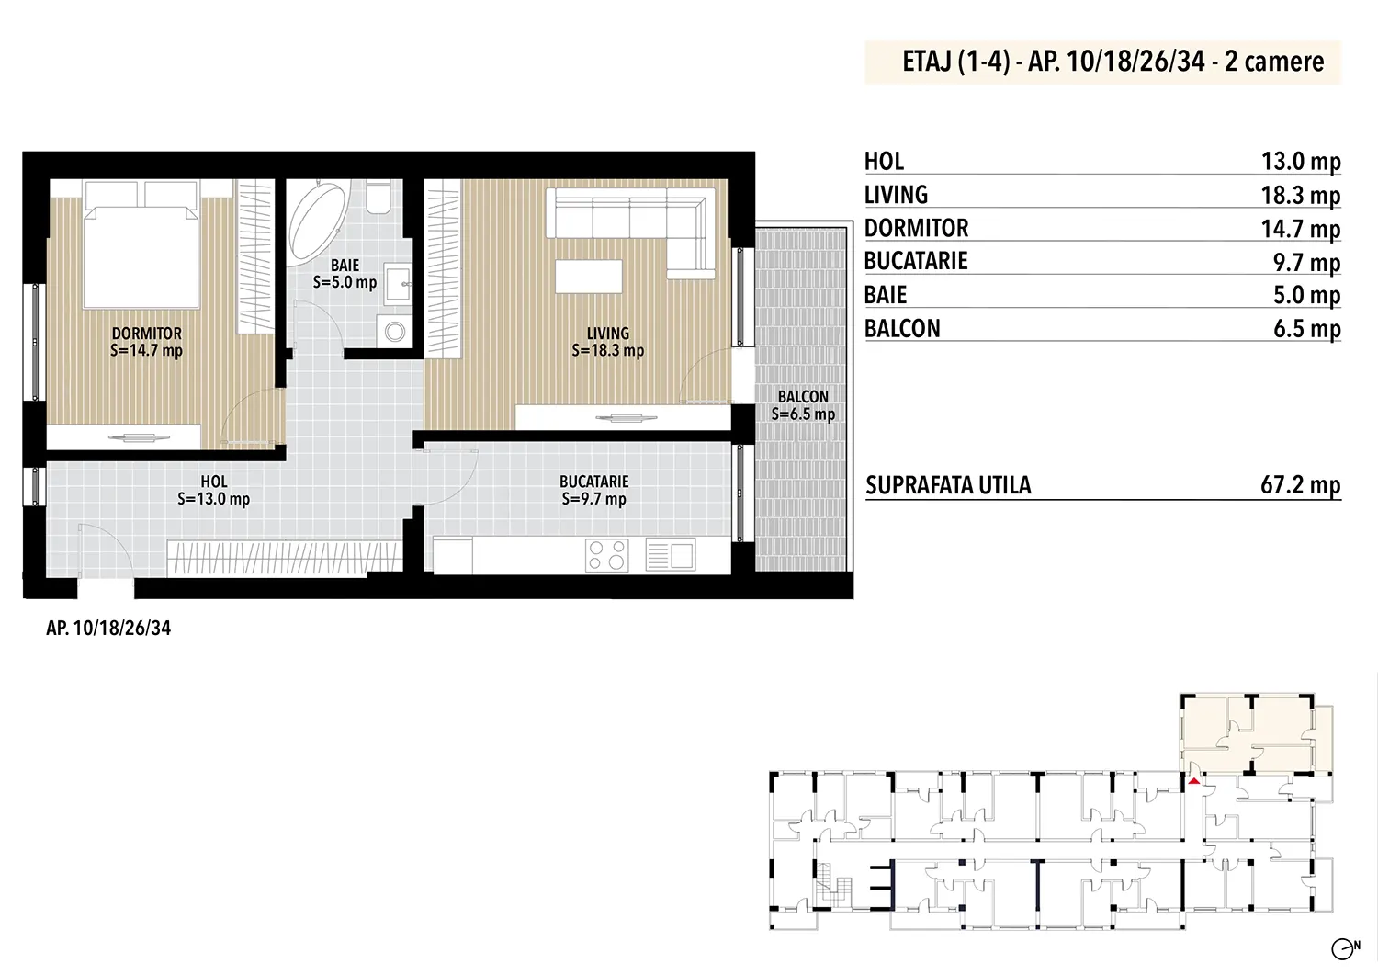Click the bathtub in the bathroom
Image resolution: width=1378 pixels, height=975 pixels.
[x=317, y=221]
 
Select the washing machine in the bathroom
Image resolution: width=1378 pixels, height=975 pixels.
[x=394, y=331]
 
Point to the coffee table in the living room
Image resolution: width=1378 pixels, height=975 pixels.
[x=589, y=277]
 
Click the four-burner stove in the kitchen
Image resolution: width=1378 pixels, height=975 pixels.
[x=606, y=555]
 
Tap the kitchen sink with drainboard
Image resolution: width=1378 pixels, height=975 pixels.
[x=671, y=555]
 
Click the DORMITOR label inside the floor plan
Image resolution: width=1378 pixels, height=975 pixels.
[x=147, y=334]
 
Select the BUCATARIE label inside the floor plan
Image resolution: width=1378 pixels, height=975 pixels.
[x=593, y=482]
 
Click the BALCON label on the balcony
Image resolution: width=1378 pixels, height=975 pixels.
[x=803, y=397]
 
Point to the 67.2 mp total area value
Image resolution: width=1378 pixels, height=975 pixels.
[x=1301, y=485]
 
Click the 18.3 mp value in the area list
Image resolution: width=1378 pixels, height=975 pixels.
[x=1301, y=195]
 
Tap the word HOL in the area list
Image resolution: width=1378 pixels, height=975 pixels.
[x=884, y=161]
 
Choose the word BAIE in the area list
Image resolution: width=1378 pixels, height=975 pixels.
[x=886, y=295]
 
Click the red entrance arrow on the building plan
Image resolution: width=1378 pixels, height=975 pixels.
[x=1193, y=781]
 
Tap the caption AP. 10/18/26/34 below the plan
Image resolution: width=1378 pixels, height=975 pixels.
[x=108, y=628]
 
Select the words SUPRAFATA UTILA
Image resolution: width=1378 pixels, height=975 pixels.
[x=948, y=485]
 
